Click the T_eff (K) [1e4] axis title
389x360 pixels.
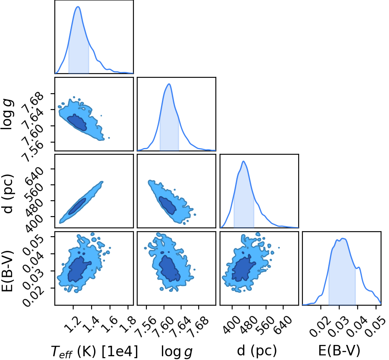94,351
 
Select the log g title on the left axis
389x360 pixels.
7,114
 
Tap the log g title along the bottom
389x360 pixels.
177,352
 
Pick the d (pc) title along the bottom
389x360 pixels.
257,350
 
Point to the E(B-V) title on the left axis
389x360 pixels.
7,271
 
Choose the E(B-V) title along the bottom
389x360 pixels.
339,350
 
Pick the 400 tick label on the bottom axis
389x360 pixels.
231,325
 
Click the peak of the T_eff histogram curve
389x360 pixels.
78,7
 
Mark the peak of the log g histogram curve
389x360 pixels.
169,84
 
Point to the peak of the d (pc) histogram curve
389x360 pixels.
243,161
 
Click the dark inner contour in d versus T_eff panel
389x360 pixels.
77,206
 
